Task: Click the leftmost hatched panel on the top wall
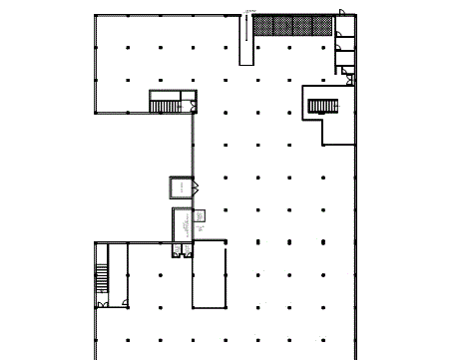[262, 25]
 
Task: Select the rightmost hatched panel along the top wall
[321, 25]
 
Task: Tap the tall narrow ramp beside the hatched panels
[245, 40]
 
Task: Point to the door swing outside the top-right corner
[343, 9]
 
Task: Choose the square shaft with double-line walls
[182, 187]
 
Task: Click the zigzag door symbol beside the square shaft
[198, 186]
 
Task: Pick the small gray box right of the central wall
[200, 215]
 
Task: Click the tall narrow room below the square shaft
[181, 226]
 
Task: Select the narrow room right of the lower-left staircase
[119, 274]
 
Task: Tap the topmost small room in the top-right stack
[344, 26]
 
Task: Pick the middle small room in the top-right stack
[344, 43]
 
